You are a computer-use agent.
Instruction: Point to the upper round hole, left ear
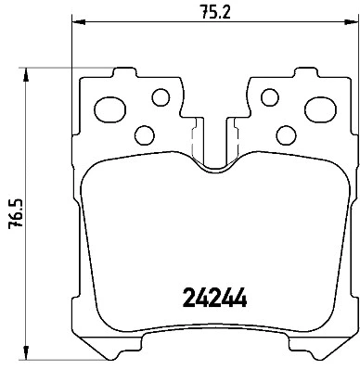[160, 96]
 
